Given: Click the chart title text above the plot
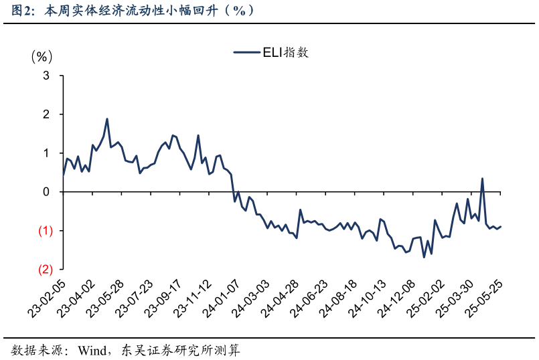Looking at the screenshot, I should click(134, 11).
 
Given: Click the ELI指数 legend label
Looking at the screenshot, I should click(286, 52).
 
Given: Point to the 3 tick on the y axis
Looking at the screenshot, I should click(47, 76).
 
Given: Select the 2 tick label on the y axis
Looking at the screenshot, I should click(47, 115).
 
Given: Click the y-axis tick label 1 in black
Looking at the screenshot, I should click(47, 153).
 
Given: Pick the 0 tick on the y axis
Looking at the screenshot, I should click(47, 192).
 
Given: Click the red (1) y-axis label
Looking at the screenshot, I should click(45, 231).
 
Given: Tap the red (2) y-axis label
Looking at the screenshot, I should click(45, 270).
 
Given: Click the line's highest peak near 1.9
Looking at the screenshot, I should click(107, 119).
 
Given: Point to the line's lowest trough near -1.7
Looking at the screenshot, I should click(424, 257).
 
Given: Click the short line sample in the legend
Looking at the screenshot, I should click(246, 52).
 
